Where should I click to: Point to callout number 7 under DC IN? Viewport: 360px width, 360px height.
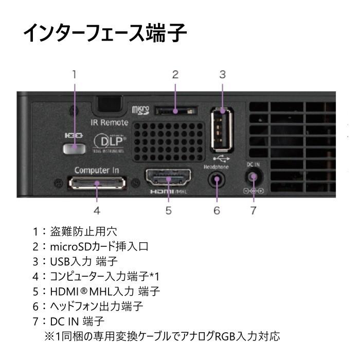[x=253, y=210]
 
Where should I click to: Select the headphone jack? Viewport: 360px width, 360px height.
[x=217, y=181]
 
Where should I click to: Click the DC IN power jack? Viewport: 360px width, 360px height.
[x=253, y=177]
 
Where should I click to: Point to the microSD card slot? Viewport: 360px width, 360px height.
[x=175, y=110]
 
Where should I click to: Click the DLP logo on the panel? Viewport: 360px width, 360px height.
[x=109, y=141]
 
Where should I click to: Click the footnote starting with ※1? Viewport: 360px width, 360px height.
[x=163, y=337]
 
